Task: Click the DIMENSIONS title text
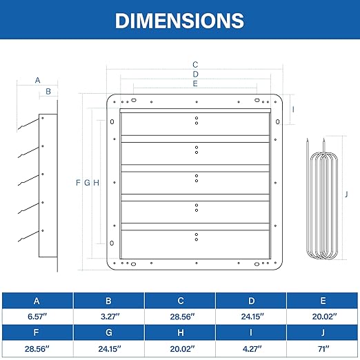pos(179,21)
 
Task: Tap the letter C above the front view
pos(195,65)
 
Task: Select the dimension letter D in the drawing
pos(195,74)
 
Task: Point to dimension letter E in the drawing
pos(195,83)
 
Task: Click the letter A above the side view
pos(37,80)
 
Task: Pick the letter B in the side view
pos(48,92)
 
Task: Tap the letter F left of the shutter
pos(78,183)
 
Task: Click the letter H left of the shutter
pos(97,183)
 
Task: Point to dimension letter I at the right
pos(293,110)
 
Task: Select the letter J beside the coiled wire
pos(346,194)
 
